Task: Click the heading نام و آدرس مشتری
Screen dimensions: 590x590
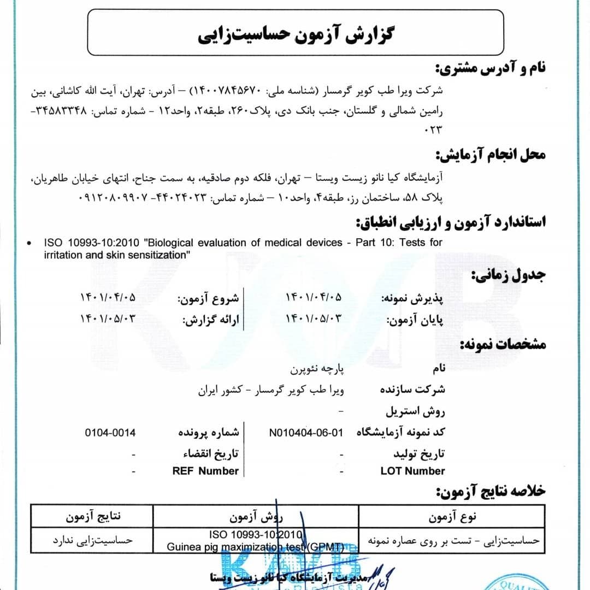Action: point(490,69)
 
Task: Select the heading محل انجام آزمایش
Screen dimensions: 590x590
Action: point(490,156)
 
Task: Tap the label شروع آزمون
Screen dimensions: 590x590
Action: point(210,298)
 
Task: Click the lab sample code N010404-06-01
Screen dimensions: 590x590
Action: point(306,433)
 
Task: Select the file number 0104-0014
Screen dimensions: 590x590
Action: point(110,433)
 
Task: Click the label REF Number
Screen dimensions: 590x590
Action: point(205,471)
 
